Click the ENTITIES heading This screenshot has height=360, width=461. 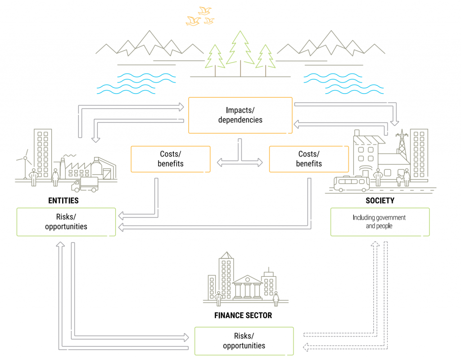[63, 201]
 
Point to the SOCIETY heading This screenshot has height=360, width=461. [380, 201]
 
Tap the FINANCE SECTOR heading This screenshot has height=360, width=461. [243, 315]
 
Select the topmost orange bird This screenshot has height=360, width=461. [205, 11]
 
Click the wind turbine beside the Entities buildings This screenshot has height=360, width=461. [25, 165]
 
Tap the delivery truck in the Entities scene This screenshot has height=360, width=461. [85, 184]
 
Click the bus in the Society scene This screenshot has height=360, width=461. [352, 184]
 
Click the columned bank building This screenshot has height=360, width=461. [248, 288]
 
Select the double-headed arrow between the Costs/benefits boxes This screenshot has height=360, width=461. [240, 162]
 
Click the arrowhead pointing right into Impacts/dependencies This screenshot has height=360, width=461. [181, 107]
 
